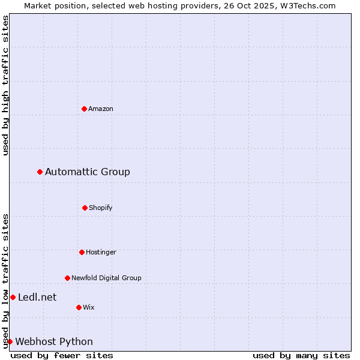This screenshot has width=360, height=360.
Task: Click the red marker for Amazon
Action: tap(84, 109)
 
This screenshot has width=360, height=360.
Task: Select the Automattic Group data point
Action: tap(40, 172)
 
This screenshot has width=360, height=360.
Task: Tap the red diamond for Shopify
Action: tap(85, 208)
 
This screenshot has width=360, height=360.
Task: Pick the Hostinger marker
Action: tap(82, 252)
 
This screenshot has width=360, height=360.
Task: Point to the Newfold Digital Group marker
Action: tap(67, 278)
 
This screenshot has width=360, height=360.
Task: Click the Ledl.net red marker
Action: tap(13, 298)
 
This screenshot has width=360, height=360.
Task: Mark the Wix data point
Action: tap(79, 307)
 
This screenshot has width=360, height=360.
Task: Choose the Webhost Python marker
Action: tap(10, 342)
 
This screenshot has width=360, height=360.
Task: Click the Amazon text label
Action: tap(101, 109)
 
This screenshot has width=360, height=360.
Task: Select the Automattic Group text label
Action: tap(88, 172)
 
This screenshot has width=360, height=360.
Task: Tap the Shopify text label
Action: tap(101, 208)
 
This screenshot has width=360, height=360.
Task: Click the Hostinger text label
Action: tap(101, 252)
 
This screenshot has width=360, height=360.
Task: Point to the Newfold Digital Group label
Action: tap(106, 278)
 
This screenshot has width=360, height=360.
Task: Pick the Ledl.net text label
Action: tap(37, 298)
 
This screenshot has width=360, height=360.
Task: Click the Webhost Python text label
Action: tap(54, 342)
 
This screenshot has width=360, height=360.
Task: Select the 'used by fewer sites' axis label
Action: tap(62, 356)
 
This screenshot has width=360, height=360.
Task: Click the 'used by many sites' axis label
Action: tap(301, 356)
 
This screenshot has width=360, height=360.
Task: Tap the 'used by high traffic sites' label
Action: tap(5, 85)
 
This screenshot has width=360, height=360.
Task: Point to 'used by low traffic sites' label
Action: tap(5, 281)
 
